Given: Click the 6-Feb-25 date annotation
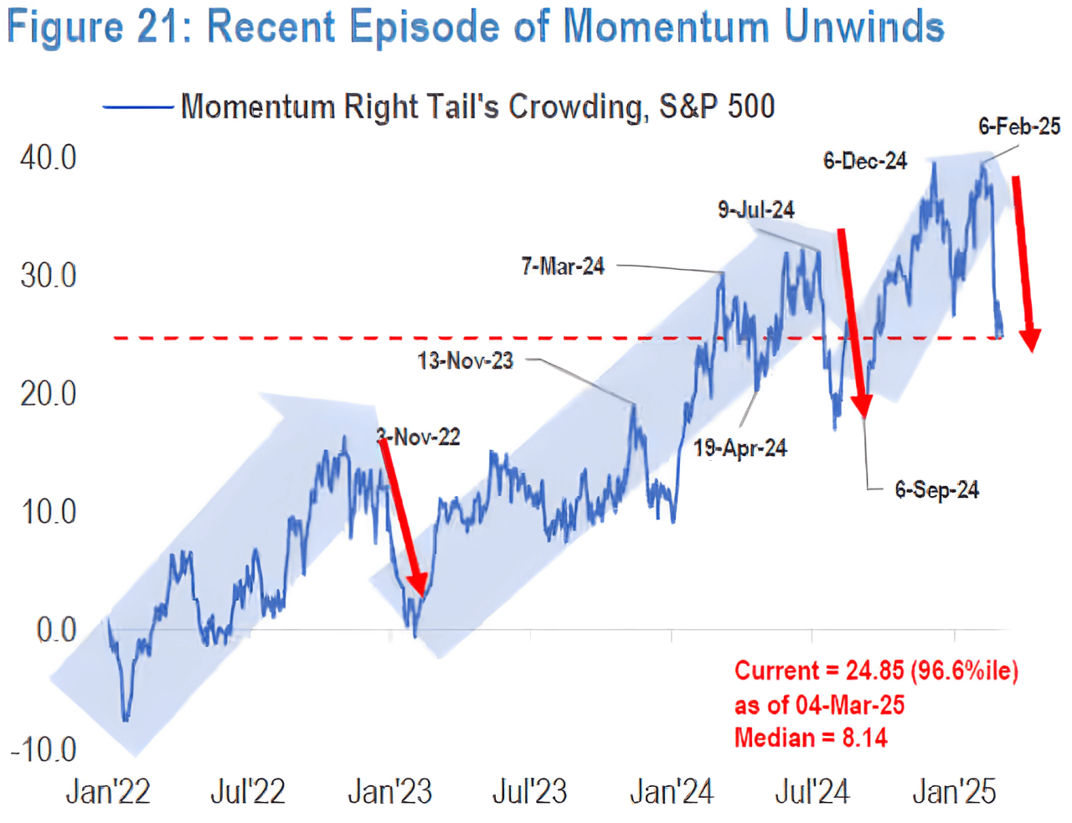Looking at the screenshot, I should click(1019, 127).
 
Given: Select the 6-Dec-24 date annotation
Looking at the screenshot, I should click(865, 161).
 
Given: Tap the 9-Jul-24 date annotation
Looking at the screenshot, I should click(756, 210).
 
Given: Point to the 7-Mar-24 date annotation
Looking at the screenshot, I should click(563, 267).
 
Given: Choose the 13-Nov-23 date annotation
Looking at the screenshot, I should click(466, 361).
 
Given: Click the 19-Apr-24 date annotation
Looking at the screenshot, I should click(740, 448).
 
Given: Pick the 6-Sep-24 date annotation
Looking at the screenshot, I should click(936, 489).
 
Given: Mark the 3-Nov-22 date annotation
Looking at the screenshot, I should click(419, 437).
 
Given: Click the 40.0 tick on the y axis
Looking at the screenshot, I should click(48, 158).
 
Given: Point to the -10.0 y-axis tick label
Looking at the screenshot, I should click(44, 749).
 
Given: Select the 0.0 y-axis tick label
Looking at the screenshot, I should click(56, 630).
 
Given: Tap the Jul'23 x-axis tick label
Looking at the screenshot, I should click(529, 791).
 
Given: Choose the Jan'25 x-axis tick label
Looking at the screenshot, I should click(954, 791).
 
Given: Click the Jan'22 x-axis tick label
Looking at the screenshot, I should click(108, 791).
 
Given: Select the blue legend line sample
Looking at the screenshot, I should click(137, 107).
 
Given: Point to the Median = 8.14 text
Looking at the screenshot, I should click(811, 738).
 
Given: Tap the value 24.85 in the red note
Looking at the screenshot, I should click(874, 670).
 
